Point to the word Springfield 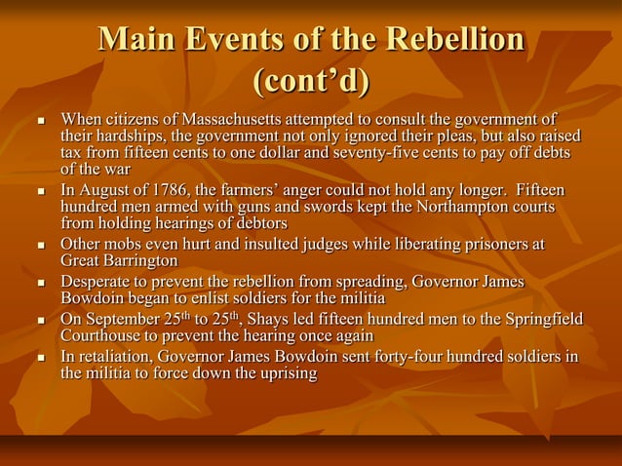(540, 320)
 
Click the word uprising (284, 373)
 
